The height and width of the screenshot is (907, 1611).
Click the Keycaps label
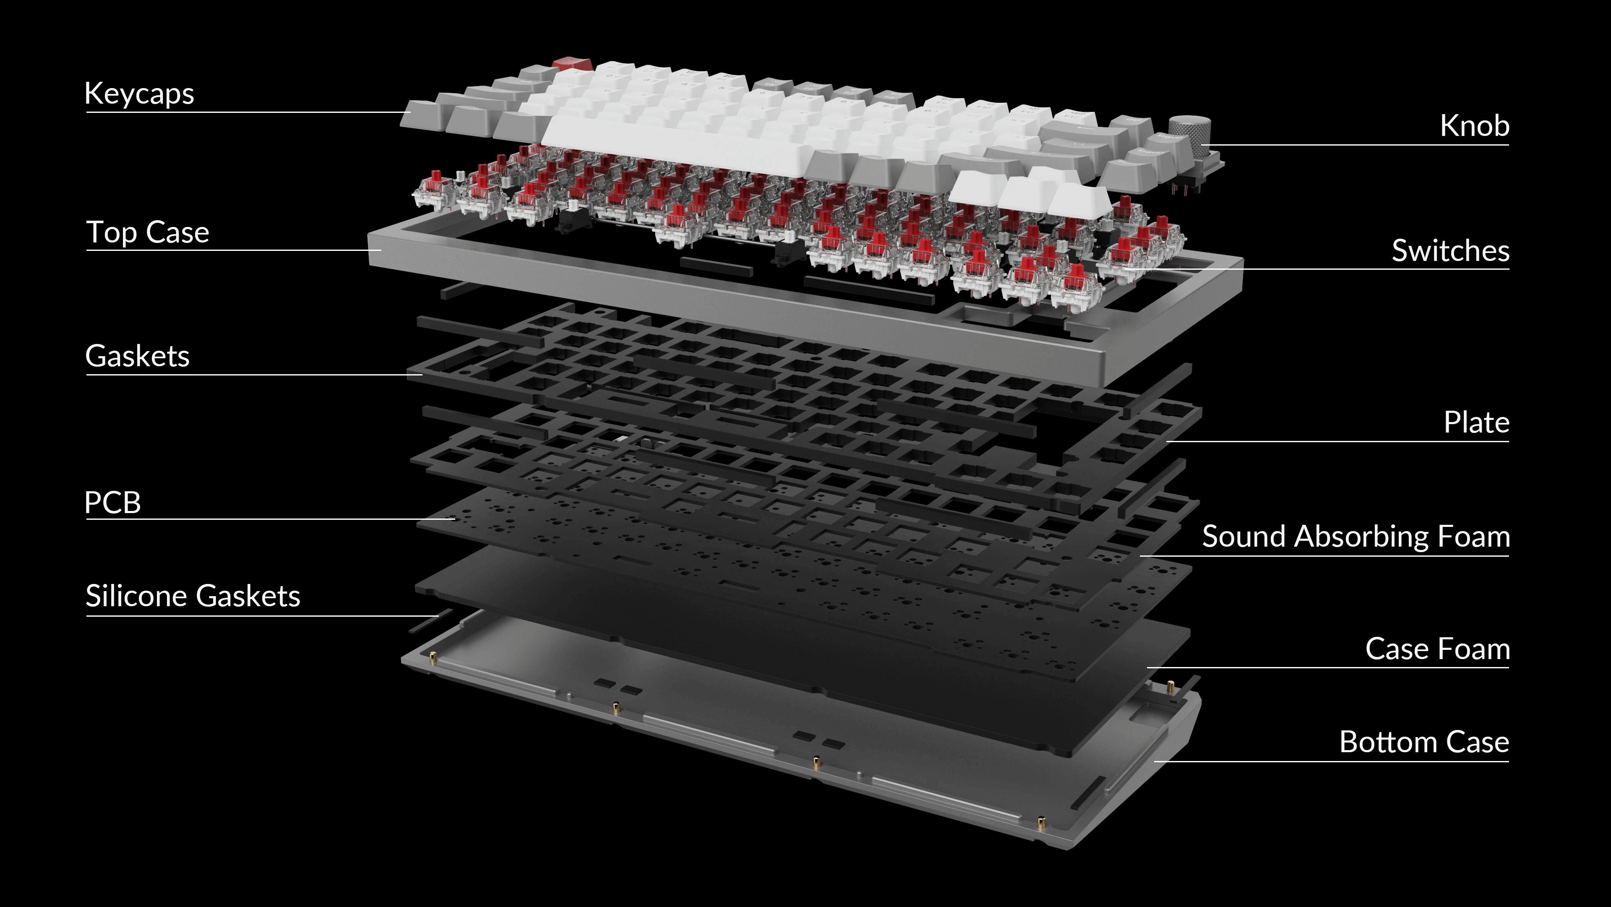coord(139,94)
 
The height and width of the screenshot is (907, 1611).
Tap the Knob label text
coord(1474,126)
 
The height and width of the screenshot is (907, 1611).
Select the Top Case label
coord(148,232)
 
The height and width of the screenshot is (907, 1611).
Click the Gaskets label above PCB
coord(137,356)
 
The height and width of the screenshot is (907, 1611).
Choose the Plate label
coord(1476,423)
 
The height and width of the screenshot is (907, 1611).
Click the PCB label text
coord(112,502)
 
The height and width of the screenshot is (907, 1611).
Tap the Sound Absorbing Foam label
coord(1355,537)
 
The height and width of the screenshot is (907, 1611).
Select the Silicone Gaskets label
coord(193,596)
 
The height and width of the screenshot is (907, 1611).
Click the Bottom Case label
coord(1424,743)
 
